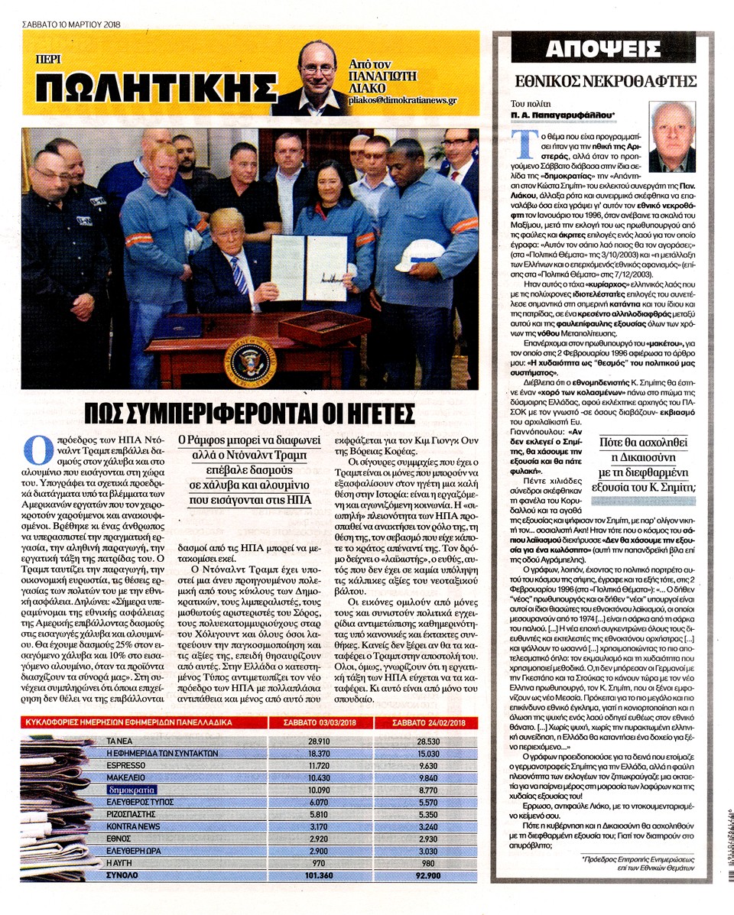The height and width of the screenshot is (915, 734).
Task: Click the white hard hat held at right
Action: (x=420, y=254)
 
